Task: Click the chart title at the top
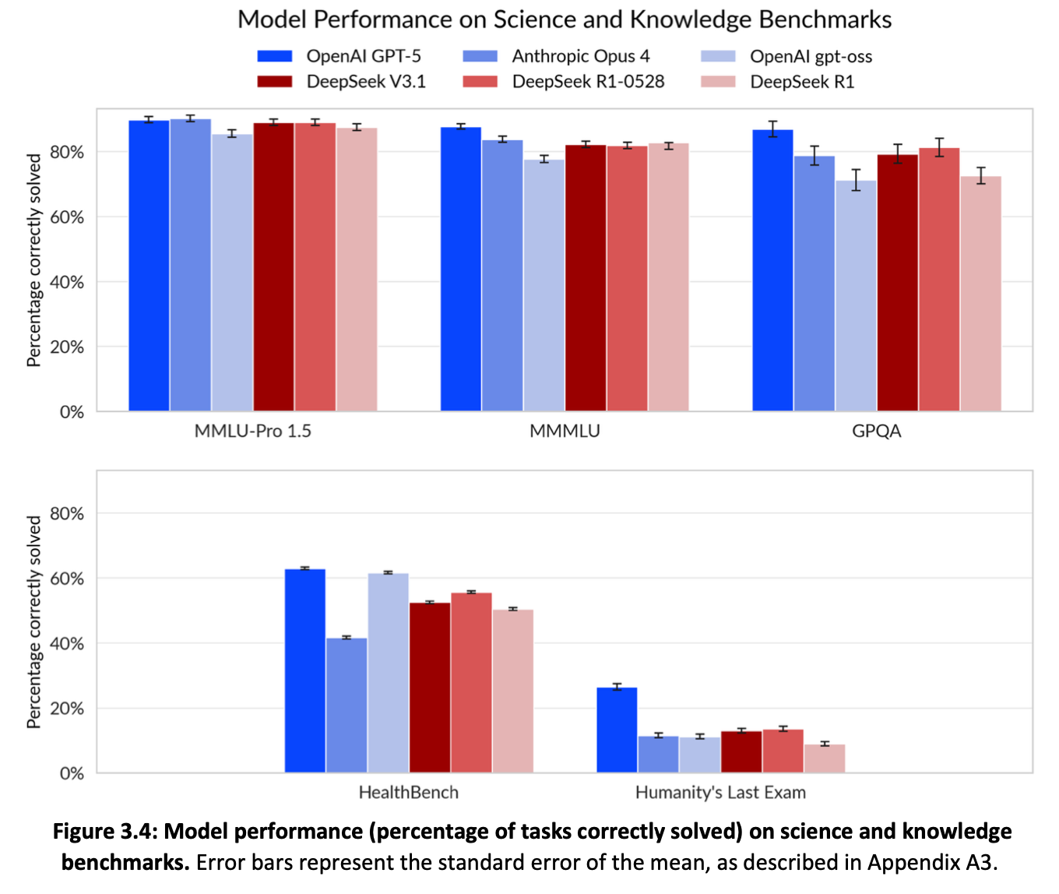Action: pos(565,19)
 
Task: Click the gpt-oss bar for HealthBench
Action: pos(389,673)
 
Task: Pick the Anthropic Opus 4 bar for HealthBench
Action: pos(347,705)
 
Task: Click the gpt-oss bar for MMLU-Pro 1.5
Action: pos(232,273)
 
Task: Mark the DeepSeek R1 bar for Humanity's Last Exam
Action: pos(825,758)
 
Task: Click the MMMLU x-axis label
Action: pos(565,431)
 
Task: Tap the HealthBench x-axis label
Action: pos(409,793)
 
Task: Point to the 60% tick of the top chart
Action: pos(67,217)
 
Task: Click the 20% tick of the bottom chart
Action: pos(67,709)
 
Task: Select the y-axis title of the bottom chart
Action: pos(33,621)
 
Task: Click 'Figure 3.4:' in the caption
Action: pos(104,832)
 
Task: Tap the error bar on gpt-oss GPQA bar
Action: pos(856,180)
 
